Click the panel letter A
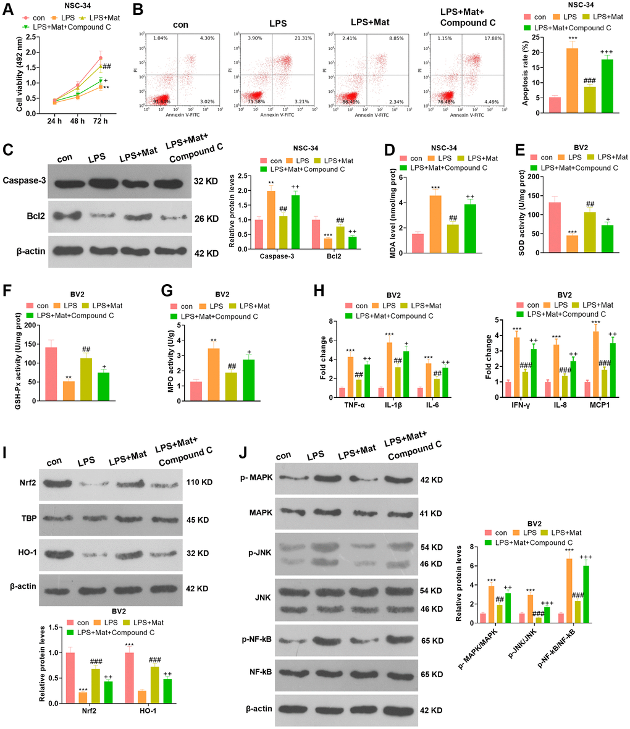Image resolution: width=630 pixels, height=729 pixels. coord(8,10)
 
